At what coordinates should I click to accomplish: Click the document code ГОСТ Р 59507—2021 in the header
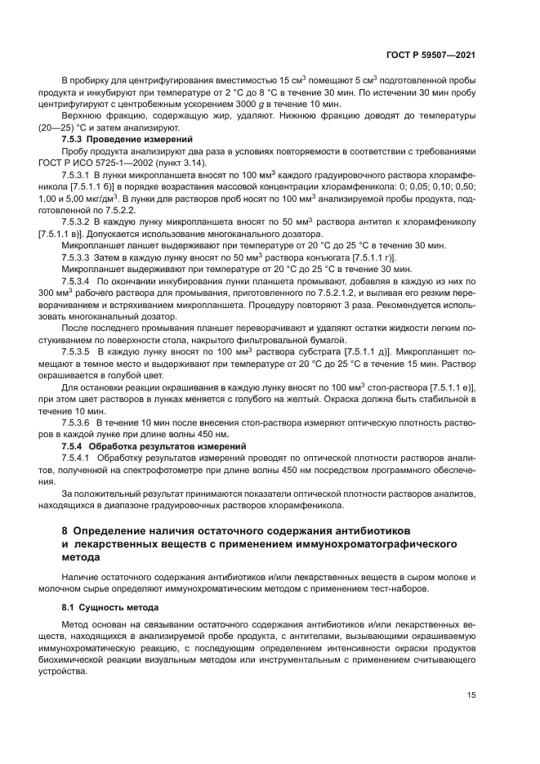point(431,55)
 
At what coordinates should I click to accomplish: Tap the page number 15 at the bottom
point(471,695)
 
